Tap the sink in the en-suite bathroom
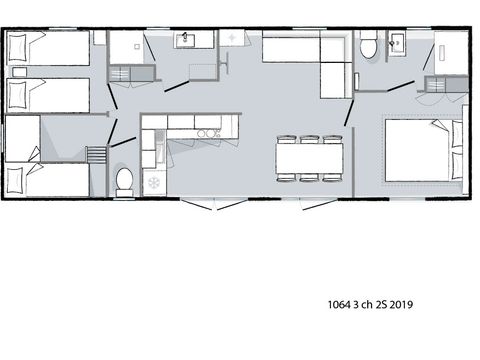click(395, 42)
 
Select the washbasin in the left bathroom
click(186, 39)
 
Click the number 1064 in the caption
click(341, 304)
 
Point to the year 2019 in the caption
click(403, 304)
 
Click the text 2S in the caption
click(379, 304)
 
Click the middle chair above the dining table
click(309, 139)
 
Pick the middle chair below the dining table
click(309, 177)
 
